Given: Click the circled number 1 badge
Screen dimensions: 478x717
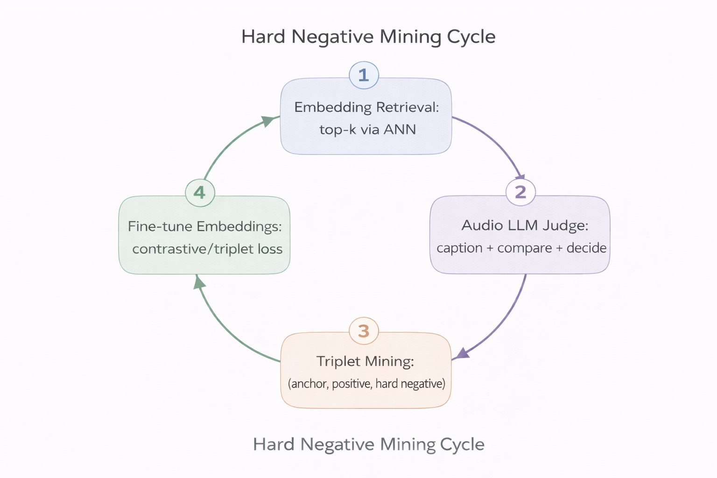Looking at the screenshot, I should pos(364,75).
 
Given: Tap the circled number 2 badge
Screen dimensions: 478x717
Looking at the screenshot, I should pos(520,192).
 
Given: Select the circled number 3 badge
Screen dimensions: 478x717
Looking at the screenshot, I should pos(364,331).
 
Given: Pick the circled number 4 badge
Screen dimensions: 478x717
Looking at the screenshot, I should pos(200,192).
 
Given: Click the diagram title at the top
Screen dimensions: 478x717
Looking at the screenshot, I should pos(368,37).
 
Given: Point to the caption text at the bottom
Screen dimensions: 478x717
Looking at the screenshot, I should pos(368,444).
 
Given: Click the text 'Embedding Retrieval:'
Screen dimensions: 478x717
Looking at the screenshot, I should pos(366,107).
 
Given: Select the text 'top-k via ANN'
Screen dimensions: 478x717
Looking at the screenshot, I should pos(367,129).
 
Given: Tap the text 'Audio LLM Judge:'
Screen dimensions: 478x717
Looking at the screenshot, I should pos(525,225).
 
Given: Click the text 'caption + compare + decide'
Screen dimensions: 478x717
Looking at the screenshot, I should pos(521,248).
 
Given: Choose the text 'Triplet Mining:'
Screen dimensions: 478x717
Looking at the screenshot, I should pos(365,361).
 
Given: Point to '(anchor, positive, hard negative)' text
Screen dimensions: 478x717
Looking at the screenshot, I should pos(366,384).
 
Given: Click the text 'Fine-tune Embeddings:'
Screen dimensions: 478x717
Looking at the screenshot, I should pos(204,226).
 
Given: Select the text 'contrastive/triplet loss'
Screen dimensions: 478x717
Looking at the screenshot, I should pos(207,249).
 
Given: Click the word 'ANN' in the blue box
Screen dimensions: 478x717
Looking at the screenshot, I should pos(399,129).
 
